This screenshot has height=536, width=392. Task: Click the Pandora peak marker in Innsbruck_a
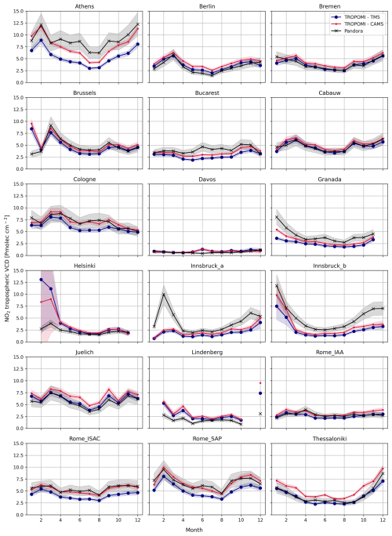click(163, 295)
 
